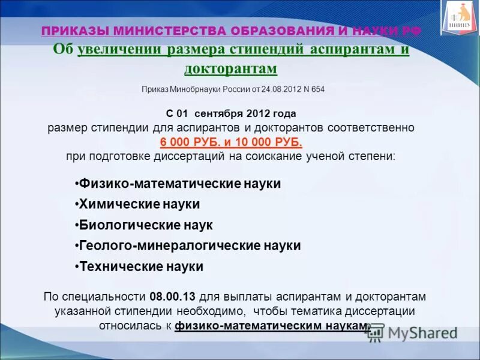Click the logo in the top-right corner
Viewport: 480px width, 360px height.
(460, 17)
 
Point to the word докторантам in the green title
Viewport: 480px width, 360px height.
(231, 68)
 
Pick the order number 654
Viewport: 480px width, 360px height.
(317, 89)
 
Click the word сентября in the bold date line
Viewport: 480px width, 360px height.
(229, 113)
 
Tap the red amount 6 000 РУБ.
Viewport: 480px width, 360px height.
(187, 142)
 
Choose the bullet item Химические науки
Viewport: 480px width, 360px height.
(139, 204)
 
